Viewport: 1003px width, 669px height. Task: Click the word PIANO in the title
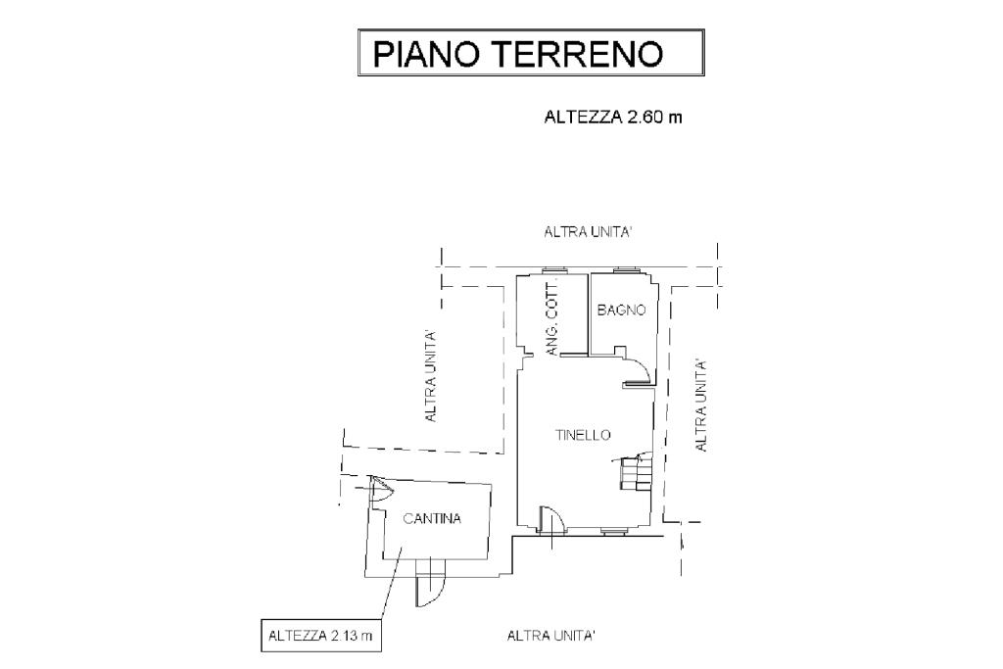pyautogui.click(x=425, y=53)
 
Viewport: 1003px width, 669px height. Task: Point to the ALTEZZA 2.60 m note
pyautogui.click(x=612, y=118)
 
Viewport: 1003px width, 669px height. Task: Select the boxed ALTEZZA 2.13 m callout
pyautogui.click(x=320, y=637)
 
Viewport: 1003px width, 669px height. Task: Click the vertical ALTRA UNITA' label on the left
pyautogui.click(x=430, y=376)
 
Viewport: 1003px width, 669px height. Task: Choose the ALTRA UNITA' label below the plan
pyautogui.click(x=551, y=636)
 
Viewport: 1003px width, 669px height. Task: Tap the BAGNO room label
pyautogui.click(x=621, y=311)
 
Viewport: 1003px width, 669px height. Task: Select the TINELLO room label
pyautogui.click(x=583, y=435)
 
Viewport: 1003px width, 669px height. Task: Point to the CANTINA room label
pyautogui.click(x=432, y=519)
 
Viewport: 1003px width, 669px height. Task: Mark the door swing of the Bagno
pyautogui.click(x=635, y=366)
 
